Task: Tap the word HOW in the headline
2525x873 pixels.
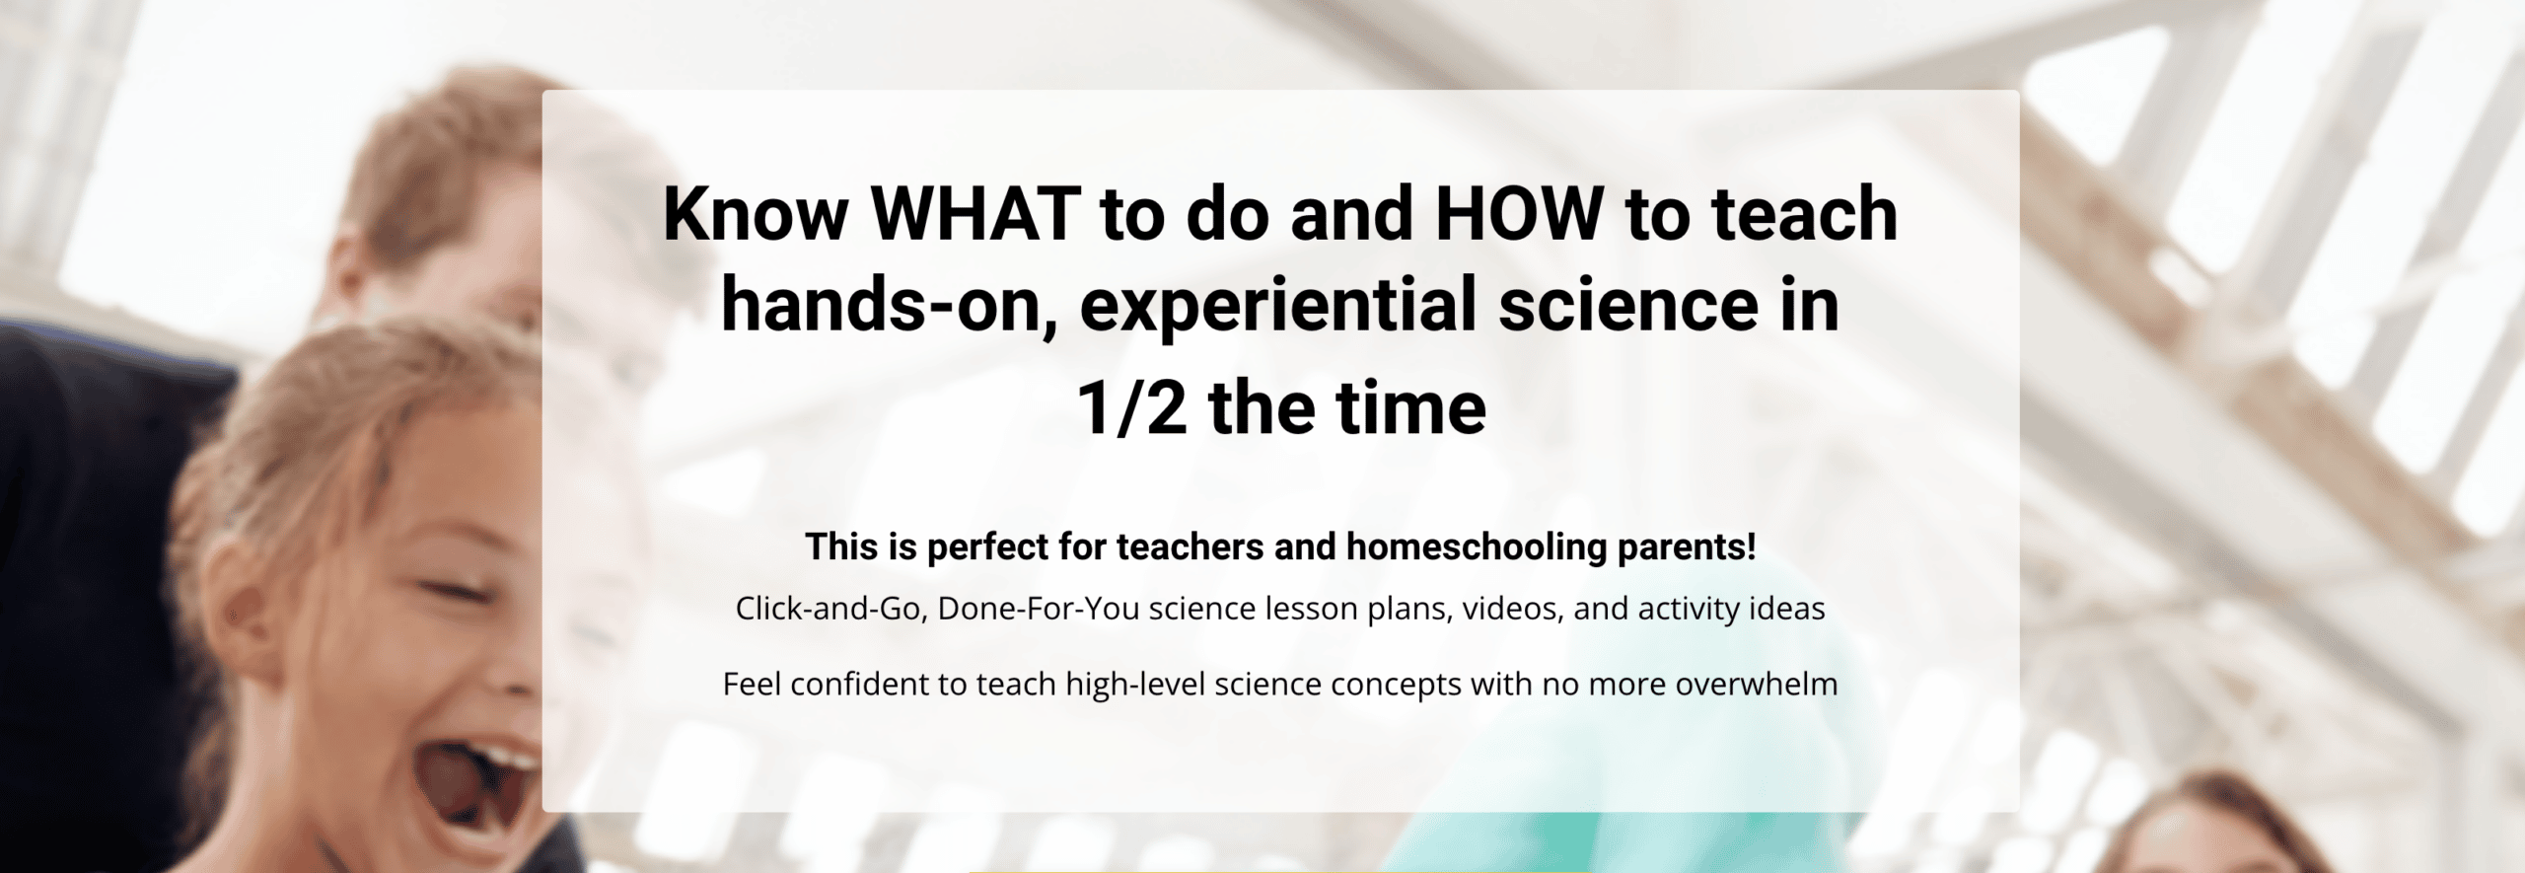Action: [1519, 213]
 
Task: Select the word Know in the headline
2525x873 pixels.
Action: [756, 213]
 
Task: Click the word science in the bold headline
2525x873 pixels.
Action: [1628, 305]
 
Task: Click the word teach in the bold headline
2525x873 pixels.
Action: [1805, 213]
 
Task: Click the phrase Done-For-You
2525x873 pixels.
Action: [1039, 609]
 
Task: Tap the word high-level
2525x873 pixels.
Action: [1135, 685]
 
